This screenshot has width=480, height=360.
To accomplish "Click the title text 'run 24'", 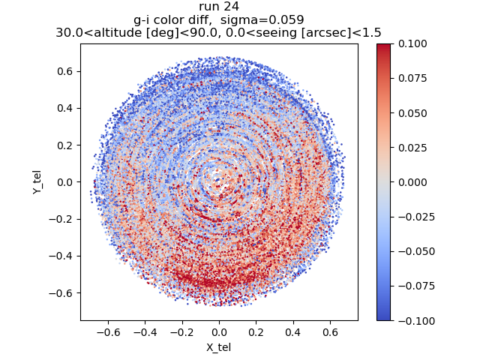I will pos(219,7).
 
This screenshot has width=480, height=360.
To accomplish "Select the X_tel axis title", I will pos(219,347).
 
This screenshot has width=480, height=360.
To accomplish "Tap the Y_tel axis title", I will pos(36,182).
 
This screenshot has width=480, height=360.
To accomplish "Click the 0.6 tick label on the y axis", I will pos(62,71).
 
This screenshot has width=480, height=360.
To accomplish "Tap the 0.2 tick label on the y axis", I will pos(62,145).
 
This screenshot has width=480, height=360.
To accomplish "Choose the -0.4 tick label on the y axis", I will pos(59,256).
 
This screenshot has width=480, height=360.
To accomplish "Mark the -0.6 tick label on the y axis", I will pos(59,292).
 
